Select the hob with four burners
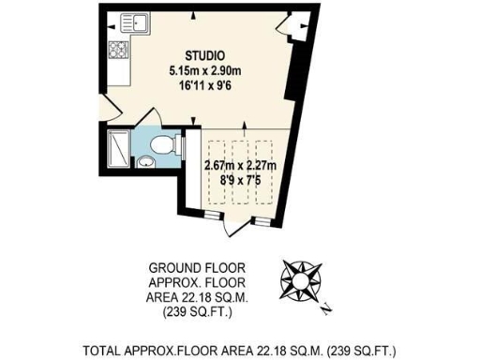click(x=120, y=50)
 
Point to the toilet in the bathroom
click(x=164, y=145)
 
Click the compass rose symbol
click(x=301, y=278)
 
